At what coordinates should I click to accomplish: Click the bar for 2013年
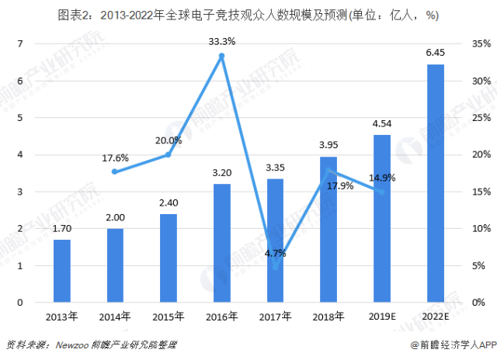point(62,271)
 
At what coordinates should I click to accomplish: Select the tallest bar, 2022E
point(436,183)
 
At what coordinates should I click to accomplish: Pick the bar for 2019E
point(382,218)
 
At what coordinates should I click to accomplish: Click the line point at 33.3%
point(222,56)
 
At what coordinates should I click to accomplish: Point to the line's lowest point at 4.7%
point(275,267)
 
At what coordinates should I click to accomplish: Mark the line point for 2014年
point(115,171)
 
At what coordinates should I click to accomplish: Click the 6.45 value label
point(436,53)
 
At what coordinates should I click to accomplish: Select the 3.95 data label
point(328,145)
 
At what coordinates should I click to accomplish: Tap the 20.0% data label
point(168,140)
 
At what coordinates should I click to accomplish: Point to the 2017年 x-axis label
point(275,317)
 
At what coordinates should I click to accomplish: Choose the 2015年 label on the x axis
point(168,317)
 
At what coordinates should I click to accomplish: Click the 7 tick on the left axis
point(22,43)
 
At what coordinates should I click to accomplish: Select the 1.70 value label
point(62,230)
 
